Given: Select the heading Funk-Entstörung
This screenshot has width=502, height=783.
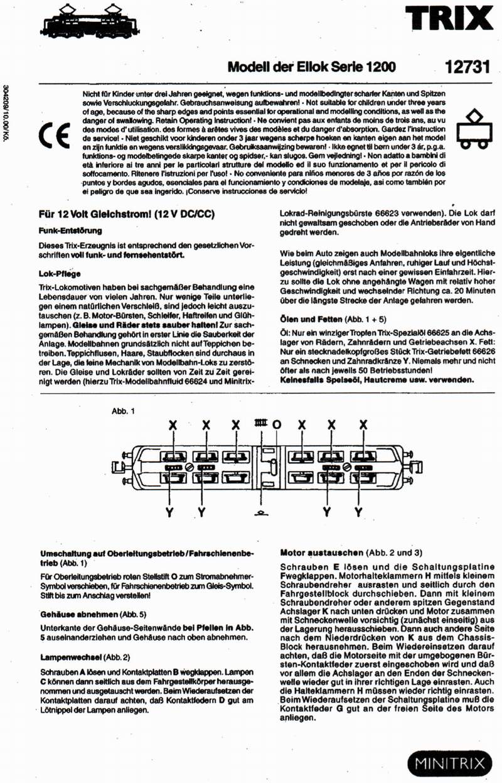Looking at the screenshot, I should point(71,231).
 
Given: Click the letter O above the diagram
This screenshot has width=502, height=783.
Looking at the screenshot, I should point(275,424).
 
